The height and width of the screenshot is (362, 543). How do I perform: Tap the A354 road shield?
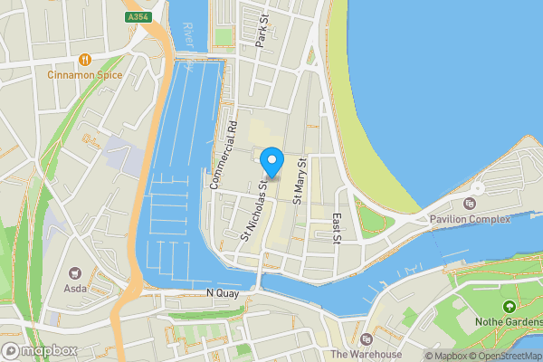tap(139, 16)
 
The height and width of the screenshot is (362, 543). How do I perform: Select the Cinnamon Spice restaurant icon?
tap(85, 60)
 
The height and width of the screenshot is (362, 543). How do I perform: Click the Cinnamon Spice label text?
tap(85, 74)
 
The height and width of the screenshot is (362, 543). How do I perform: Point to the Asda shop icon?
tap(74, 272)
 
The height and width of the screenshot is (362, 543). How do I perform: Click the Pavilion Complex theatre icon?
tap(469, 204)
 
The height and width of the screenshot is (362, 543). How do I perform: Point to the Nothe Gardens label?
tap(509, 322)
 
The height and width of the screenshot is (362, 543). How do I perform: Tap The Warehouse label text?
tap(366, 354)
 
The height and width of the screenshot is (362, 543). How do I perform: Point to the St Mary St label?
tap(301, 177)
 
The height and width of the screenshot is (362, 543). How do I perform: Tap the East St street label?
tap(336, 229)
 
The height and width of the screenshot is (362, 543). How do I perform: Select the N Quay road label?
tap(222, 293)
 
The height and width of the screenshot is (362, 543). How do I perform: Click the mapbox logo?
tap(38, 350)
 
